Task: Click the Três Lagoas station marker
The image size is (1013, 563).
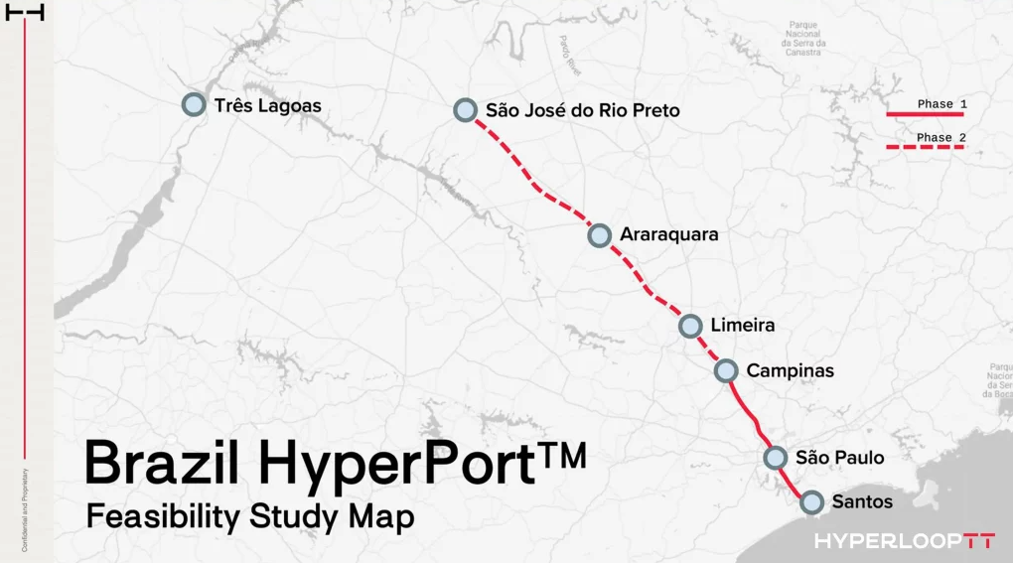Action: (x=194, y=104)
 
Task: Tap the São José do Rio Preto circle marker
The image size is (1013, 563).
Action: (x=465, y=110)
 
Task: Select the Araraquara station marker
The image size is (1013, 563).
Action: (x=599, y=235)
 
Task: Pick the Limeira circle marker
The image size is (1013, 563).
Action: (x=690, y=326)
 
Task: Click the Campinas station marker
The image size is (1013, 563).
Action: (x=726, y=370)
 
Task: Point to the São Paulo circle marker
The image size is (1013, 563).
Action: (x=776, y=458)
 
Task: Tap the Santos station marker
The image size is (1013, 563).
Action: (x=811, y=502)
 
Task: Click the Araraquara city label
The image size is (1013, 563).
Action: (x=668, y=235)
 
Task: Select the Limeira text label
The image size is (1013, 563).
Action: (x=742, y=326)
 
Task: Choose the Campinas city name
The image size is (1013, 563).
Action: (x=790, y=371)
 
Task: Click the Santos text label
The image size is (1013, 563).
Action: (x=862, y=502)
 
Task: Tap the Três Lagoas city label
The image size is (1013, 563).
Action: (x=267, y=105)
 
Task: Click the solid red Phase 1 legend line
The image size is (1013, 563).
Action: (x=925, y=114)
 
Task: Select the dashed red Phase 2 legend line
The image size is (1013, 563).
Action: (x=925, y=147)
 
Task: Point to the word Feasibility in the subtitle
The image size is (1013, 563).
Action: (x=163, y=517)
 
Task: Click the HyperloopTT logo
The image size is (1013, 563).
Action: (x=904, y=541)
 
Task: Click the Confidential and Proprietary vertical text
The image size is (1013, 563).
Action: (x=24, y=509)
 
